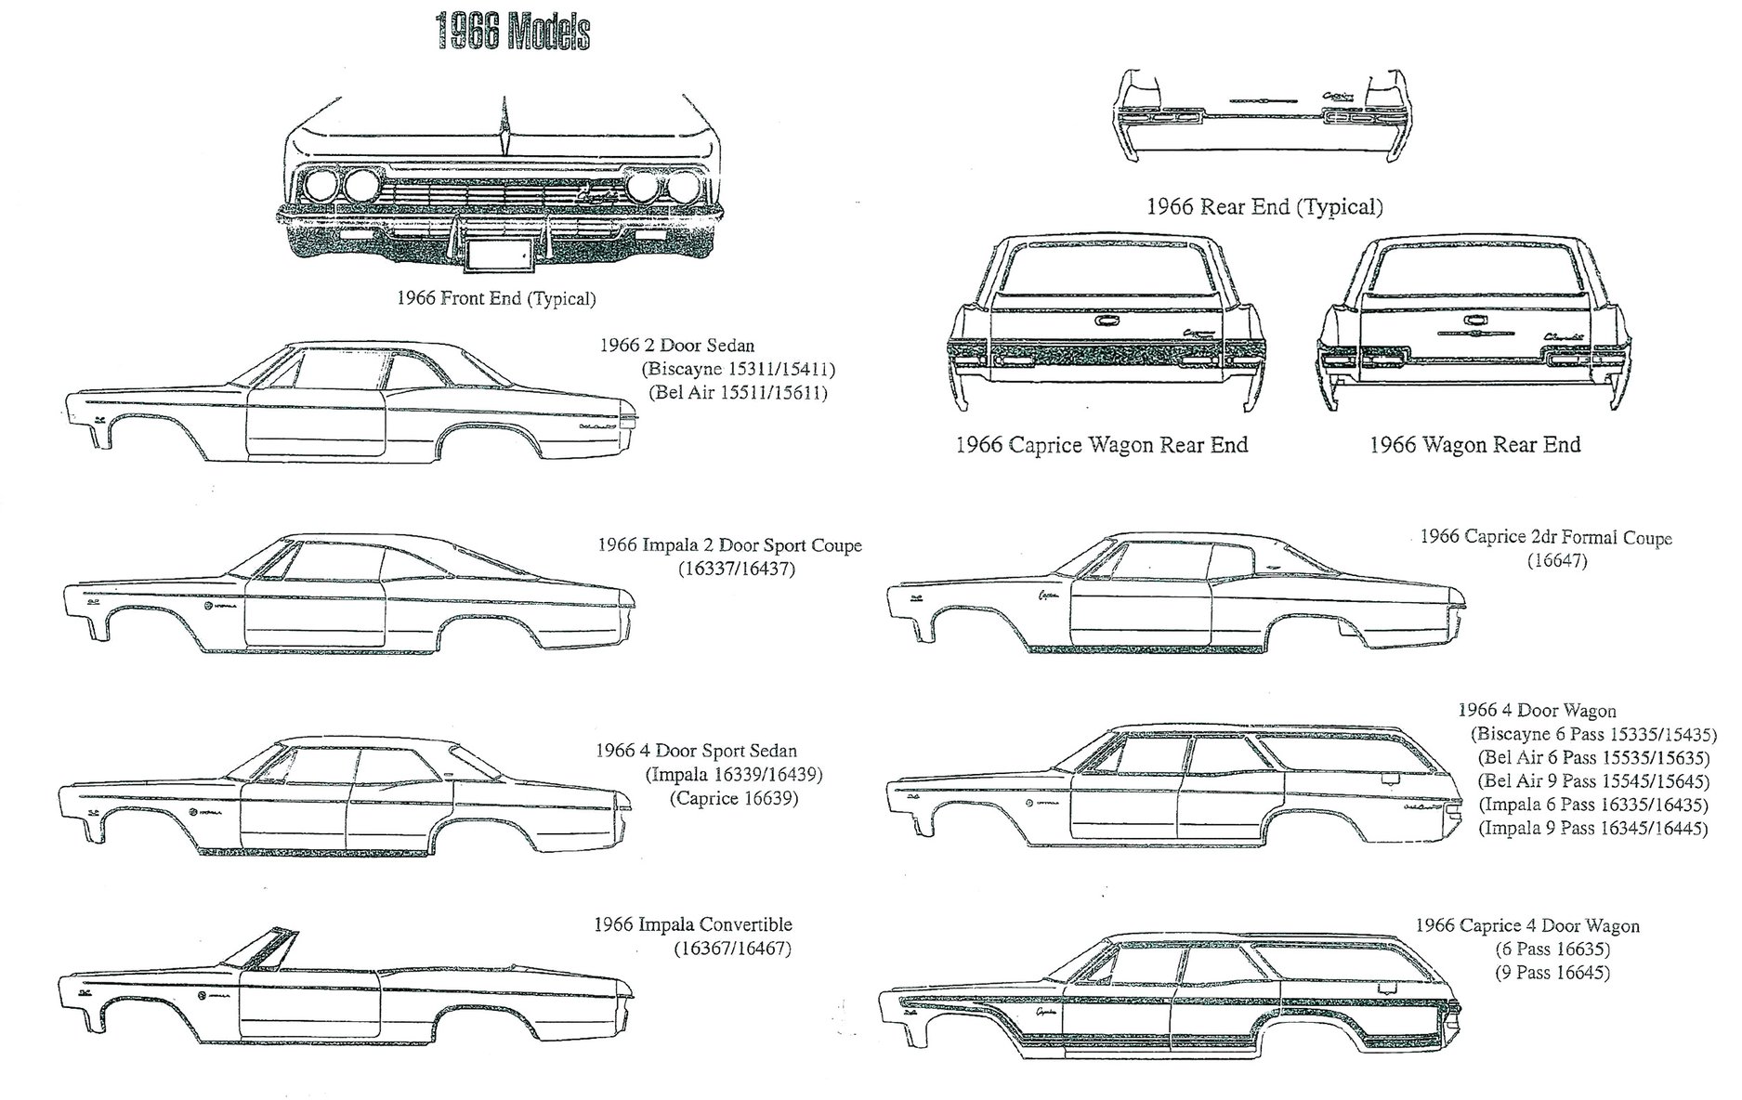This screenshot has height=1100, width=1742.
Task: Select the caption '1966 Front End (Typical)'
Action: coord(495,298)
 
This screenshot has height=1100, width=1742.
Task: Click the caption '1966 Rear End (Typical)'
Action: coord(1264,206)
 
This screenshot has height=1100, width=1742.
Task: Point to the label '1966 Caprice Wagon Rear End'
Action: coord(1101,445)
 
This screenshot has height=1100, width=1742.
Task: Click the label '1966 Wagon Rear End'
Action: coord(1474,445)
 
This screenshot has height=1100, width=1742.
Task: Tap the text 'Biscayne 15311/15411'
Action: coord(739,369)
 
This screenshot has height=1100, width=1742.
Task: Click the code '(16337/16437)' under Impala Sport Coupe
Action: coord(736,569)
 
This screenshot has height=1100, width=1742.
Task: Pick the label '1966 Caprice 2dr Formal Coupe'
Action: coord(1545,537)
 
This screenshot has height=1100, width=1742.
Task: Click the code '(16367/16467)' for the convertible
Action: coord(732,949)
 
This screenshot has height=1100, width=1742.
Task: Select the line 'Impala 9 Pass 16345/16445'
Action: coord(1592,828)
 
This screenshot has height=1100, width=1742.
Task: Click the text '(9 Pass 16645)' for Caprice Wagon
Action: coord(1552,973)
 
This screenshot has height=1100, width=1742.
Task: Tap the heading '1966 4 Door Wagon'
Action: coord(1537,711)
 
